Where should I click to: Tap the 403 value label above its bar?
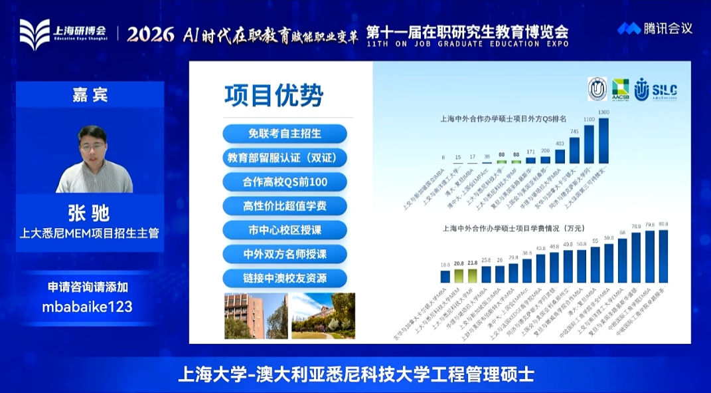pyautogui.click(x=560, y=143)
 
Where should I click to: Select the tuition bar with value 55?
pyautogui.click(x=595, y=265)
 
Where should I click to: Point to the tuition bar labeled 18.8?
pyautogui.click(x=445, y=277)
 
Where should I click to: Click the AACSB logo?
pyautogui.click(x=621, y=88)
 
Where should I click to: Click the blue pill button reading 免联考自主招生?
pyautogui.click(x=285, y=133)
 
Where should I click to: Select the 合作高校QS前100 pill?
pyautogui.click(x=285, y=182)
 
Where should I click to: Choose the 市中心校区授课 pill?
pyautogui.click(x=285, y=229)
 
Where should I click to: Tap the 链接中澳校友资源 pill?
pyautogui.click(x=285, y=277)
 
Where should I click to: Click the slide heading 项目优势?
pyautogui.click(x=273, y=96)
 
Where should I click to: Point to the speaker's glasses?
pyautogui.click(x=93, y=144)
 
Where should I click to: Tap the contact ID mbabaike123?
pyautogui.click(x=88, y=307)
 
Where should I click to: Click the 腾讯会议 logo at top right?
pyautogui.click(x=655, y=29)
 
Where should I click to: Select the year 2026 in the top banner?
pyautogui.click(x=151, y=34)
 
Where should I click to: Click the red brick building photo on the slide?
pyautogui.click(x=256, y=316)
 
